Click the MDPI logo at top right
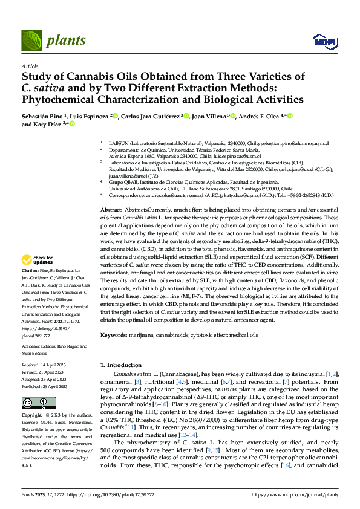tap(323, 41)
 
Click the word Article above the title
tap(29, 66)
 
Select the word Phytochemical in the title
tap(61, 100)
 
